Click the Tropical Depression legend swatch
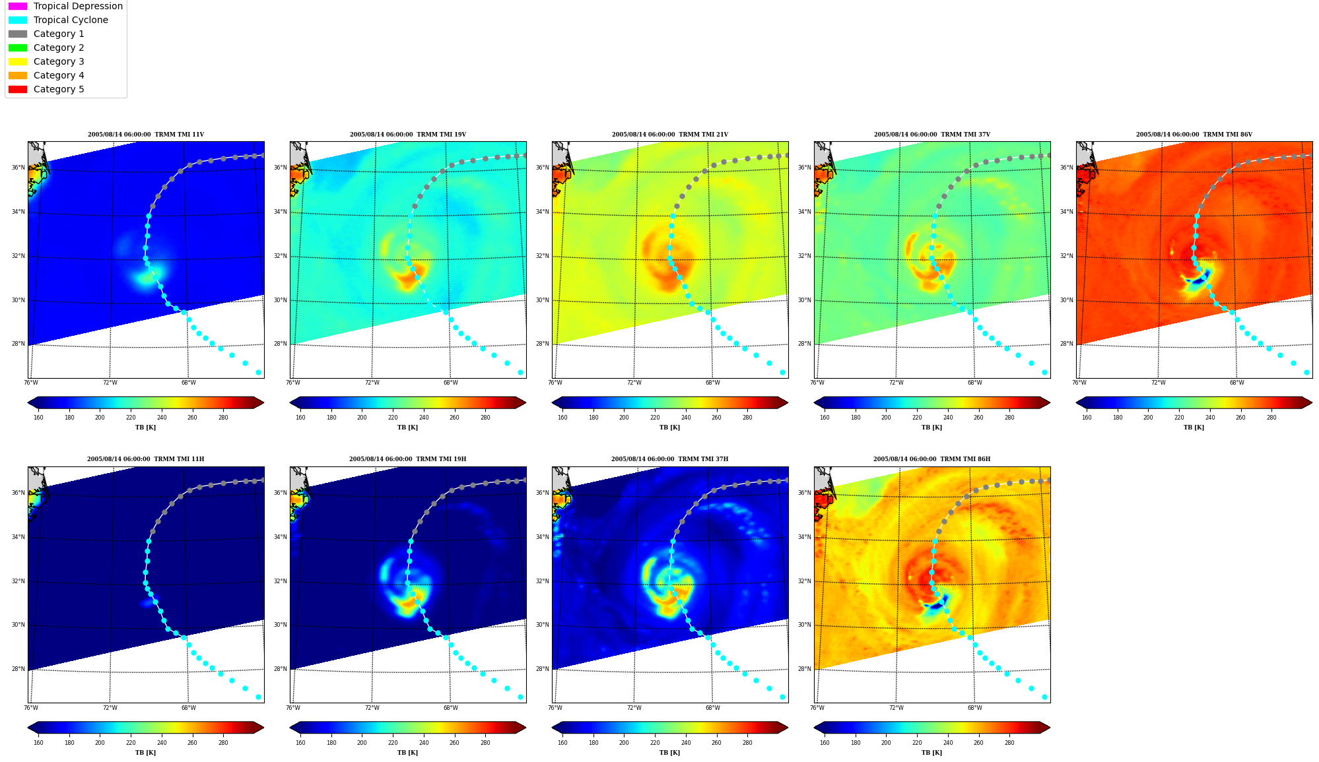coord(18,6)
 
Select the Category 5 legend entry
coord(46,89)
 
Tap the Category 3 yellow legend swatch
coord(18,61)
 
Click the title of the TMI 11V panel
coord(146,135)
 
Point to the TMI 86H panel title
coord(931,459)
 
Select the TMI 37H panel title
coord(669,459)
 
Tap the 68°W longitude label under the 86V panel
coord(1236,383)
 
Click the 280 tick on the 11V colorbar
coord(223,418)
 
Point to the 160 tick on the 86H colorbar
coord(825,743)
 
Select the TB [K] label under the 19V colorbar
coord(407,428)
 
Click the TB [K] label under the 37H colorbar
coord(669,753)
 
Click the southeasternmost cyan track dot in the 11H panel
coord(258,697)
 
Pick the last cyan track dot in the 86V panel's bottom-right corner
coord(1306,373)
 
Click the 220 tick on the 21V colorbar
coord(655,418)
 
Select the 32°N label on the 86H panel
coord(804,581)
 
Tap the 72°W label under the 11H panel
coord(110,708)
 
